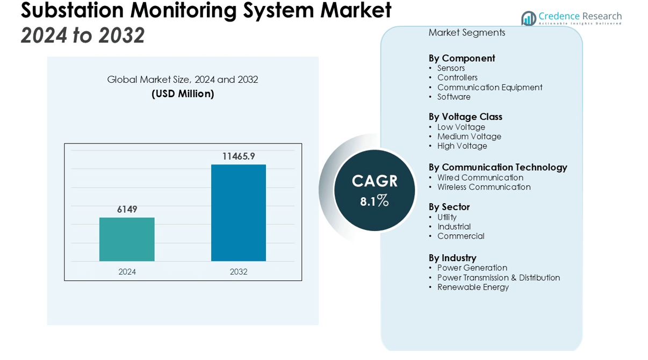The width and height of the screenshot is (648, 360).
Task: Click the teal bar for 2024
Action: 127,239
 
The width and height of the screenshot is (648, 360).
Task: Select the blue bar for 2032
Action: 238,213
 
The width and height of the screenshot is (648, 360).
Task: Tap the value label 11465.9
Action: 238,156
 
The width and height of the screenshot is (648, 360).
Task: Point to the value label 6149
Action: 127,210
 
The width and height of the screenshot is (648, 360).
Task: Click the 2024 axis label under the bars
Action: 127,272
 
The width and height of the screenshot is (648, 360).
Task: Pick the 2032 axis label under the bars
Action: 238,272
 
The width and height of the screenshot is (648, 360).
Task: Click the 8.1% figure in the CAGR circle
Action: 375,201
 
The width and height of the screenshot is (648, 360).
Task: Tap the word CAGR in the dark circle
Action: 375,181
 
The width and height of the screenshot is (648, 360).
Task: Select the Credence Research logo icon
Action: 529,19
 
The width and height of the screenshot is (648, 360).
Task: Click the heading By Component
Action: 462,58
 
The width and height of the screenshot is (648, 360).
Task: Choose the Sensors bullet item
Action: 451,68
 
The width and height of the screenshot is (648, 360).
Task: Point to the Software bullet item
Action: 453,97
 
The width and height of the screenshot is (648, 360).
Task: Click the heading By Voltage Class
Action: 465,117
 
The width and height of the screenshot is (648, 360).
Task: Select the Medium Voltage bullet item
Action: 469,136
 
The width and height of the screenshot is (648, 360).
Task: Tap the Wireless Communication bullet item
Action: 484,187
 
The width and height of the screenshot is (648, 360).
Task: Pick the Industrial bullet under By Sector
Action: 453,227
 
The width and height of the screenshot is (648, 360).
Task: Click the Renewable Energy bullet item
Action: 473,287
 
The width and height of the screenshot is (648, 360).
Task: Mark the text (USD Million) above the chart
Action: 183,94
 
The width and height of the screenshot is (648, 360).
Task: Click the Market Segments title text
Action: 466,33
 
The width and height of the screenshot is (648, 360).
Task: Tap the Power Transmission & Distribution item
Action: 498,278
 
